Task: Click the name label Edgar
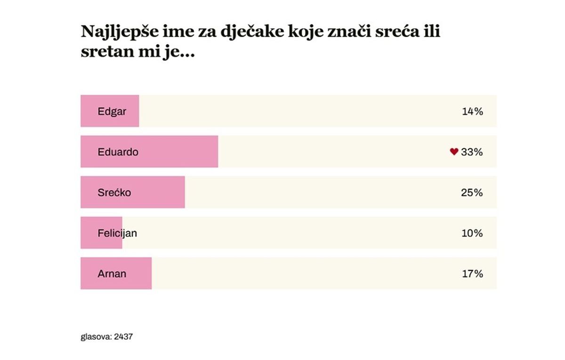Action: coord(112,112)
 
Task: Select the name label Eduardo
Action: coord(118,152)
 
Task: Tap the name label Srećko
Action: coord(114,192)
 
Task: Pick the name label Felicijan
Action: coord(117,233)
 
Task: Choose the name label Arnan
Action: coord(112,273)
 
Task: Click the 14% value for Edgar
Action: coord(472,112)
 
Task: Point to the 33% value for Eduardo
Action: coord(472,152)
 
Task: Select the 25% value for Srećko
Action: coord(472,192)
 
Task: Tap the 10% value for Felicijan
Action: coord(472,233)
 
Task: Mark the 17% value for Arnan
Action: coord(472,273)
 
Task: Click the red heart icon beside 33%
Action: coord(454,152)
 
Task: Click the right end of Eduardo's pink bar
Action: coord(217,152)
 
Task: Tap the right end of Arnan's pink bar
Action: coord(150,273)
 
